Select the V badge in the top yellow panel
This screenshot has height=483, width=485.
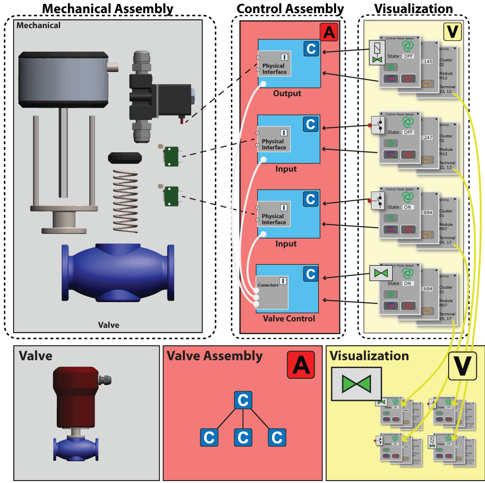(453, 32)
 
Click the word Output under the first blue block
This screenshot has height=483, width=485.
(287, 94)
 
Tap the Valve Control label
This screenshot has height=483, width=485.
(289, 319)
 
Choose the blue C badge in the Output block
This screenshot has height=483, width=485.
(311, 48)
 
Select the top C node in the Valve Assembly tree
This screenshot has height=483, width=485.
(243, 401)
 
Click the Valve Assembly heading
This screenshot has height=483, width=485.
(214, 356)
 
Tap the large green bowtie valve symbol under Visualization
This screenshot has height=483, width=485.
(356, 384)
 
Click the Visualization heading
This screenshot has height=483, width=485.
(369, 356)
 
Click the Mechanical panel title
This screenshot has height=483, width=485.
(39, 25)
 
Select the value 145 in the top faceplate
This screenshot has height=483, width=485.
(428, 62)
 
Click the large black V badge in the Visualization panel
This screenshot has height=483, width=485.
(462, 366)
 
